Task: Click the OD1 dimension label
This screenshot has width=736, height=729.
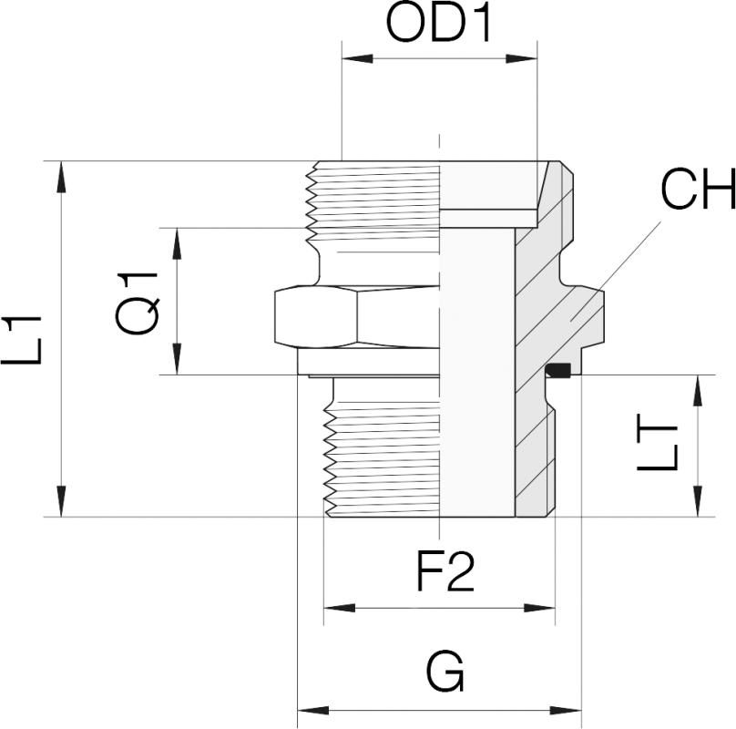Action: tap(439, 25)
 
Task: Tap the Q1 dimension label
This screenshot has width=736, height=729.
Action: tap(138, 302)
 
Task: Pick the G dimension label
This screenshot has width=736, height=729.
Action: tap(445, 675)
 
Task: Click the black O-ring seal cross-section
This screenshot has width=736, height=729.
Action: tap(557, 370)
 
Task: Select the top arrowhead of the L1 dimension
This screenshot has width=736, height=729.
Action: tap(62, 174)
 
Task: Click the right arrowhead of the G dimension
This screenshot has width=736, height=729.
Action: tap(568, 710)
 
